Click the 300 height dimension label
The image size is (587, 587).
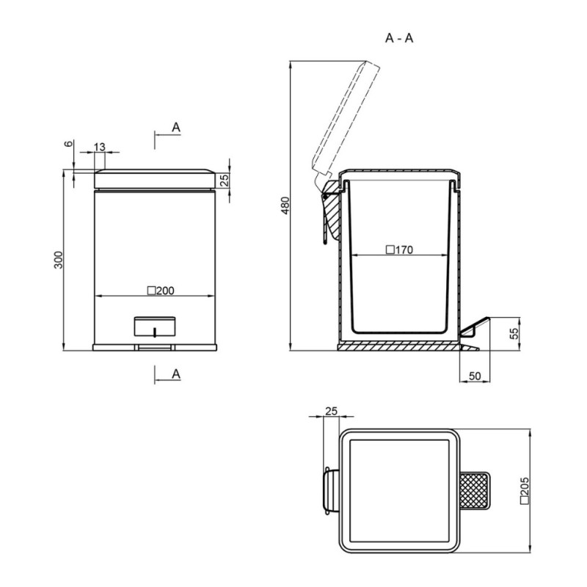[x=59, y=260]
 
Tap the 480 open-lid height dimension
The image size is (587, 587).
[x=285, y=205]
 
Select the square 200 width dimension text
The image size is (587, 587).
[x=161, y=291]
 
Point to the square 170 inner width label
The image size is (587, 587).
[x=399, y=249]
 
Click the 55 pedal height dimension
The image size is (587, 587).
[x=515, y=333]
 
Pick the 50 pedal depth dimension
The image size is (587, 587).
[x=475, y=376]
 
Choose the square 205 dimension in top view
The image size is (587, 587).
[x=525, y=491]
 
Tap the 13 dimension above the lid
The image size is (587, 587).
[x=100, y=147]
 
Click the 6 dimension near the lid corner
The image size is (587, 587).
[x=68, y=144]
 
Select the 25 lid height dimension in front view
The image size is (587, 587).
[x=224, y=180]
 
